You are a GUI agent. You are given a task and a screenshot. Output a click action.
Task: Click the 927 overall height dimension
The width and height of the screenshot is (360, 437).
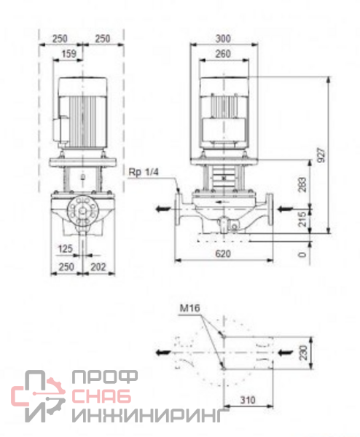(322, 156)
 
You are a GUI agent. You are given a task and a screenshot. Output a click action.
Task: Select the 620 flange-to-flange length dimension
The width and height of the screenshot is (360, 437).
(223, 254)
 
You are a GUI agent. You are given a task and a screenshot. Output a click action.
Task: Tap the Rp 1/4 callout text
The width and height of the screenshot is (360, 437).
(144, 172)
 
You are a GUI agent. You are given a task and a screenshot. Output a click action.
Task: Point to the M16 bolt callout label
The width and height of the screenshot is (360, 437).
(190, 308)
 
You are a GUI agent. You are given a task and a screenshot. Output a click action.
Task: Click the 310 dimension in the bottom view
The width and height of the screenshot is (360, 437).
(248, 400)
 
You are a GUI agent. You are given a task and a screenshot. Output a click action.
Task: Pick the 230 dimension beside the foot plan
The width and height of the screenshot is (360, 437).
(303, 353)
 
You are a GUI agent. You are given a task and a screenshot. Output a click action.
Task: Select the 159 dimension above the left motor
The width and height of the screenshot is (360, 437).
(69, 53)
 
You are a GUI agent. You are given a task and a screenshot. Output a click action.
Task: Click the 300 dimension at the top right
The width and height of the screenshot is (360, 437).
(223, 39)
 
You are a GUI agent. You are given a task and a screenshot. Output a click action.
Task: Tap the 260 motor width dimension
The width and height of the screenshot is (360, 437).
(223, 53)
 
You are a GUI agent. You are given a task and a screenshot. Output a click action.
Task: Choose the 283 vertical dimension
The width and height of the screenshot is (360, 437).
(302, 184)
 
